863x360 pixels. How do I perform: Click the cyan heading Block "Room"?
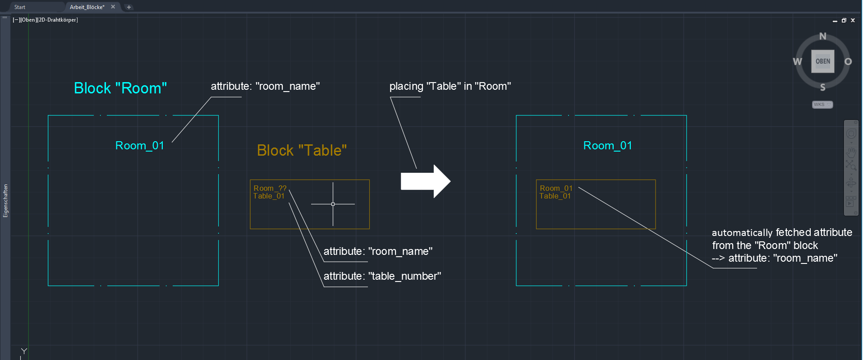click(x=120, y=88)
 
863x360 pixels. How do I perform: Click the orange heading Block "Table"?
click(x=302, y=150)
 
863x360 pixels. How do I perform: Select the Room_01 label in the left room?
click(x=139, y=146)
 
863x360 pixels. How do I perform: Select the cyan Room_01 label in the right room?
click(x=607, y=146)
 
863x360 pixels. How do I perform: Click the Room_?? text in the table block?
click(x=270, y=188)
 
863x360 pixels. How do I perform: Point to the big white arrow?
click(x=424, y=181)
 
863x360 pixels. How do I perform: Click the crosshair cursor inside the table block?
click(x=333, y=204)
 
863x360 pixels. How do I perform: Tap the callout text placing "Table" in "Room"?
click(x=450, y=86)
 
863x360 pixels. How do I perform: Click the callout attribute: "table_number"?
click(x=382, y=276)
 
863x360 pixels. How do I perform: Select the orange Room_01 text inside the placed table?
click(x=555, y=188)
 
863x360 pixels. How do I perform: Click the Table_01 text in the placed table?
click(x=555, y=196)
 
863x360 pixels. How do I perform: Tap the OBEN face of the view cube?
click(x=822, y=61)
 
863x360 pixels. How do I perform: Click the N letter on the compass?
click(x=822, y=37)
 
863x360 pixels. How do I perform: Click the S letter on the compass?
click(x=822, y=87)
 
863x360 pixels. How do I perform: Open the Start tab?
click(x=20, y=7)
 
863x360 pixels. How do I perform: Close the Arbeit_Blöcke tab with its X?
click(x=113, y=7)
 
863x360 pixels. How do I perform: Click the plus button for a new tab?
click(x=129, y=7)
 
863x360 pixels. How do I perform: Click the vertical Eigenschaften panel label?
click(x=5, y=201)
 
